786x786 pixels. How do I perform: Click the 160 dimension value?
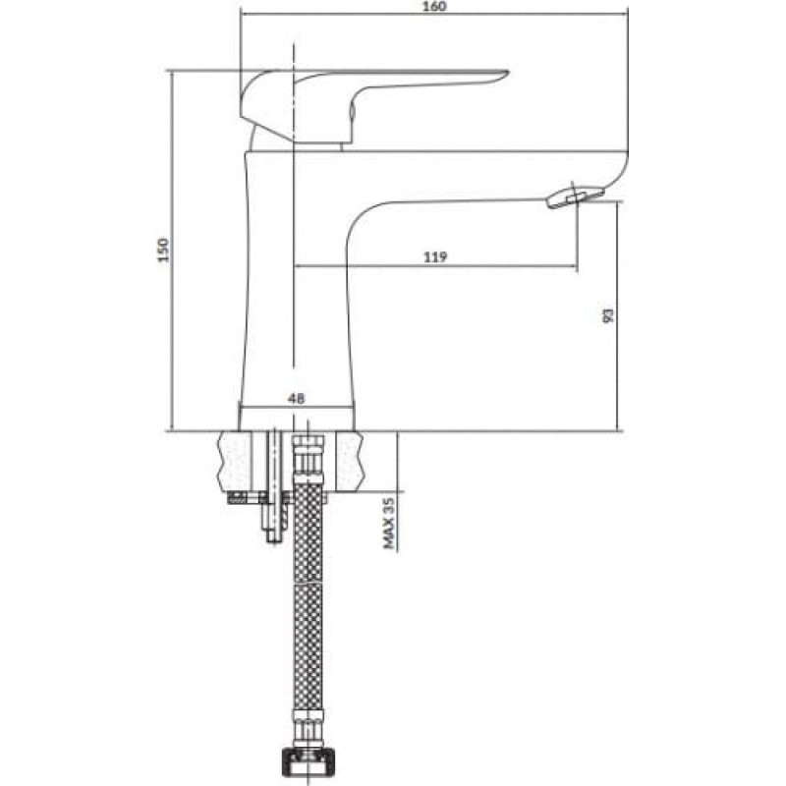(x=434, y=7)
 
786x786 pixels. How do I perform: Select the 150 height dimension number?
(x=163, y=250)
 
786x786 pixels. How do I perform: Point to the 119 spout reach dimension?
(x=435, y=257)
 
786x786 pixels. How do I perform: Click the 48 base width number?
(x=296, y=399)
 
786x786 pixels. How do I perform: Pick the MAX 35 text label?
(x=389, y=523)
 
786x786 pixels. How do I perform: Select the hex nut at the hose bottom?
(x=308, y=762)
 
